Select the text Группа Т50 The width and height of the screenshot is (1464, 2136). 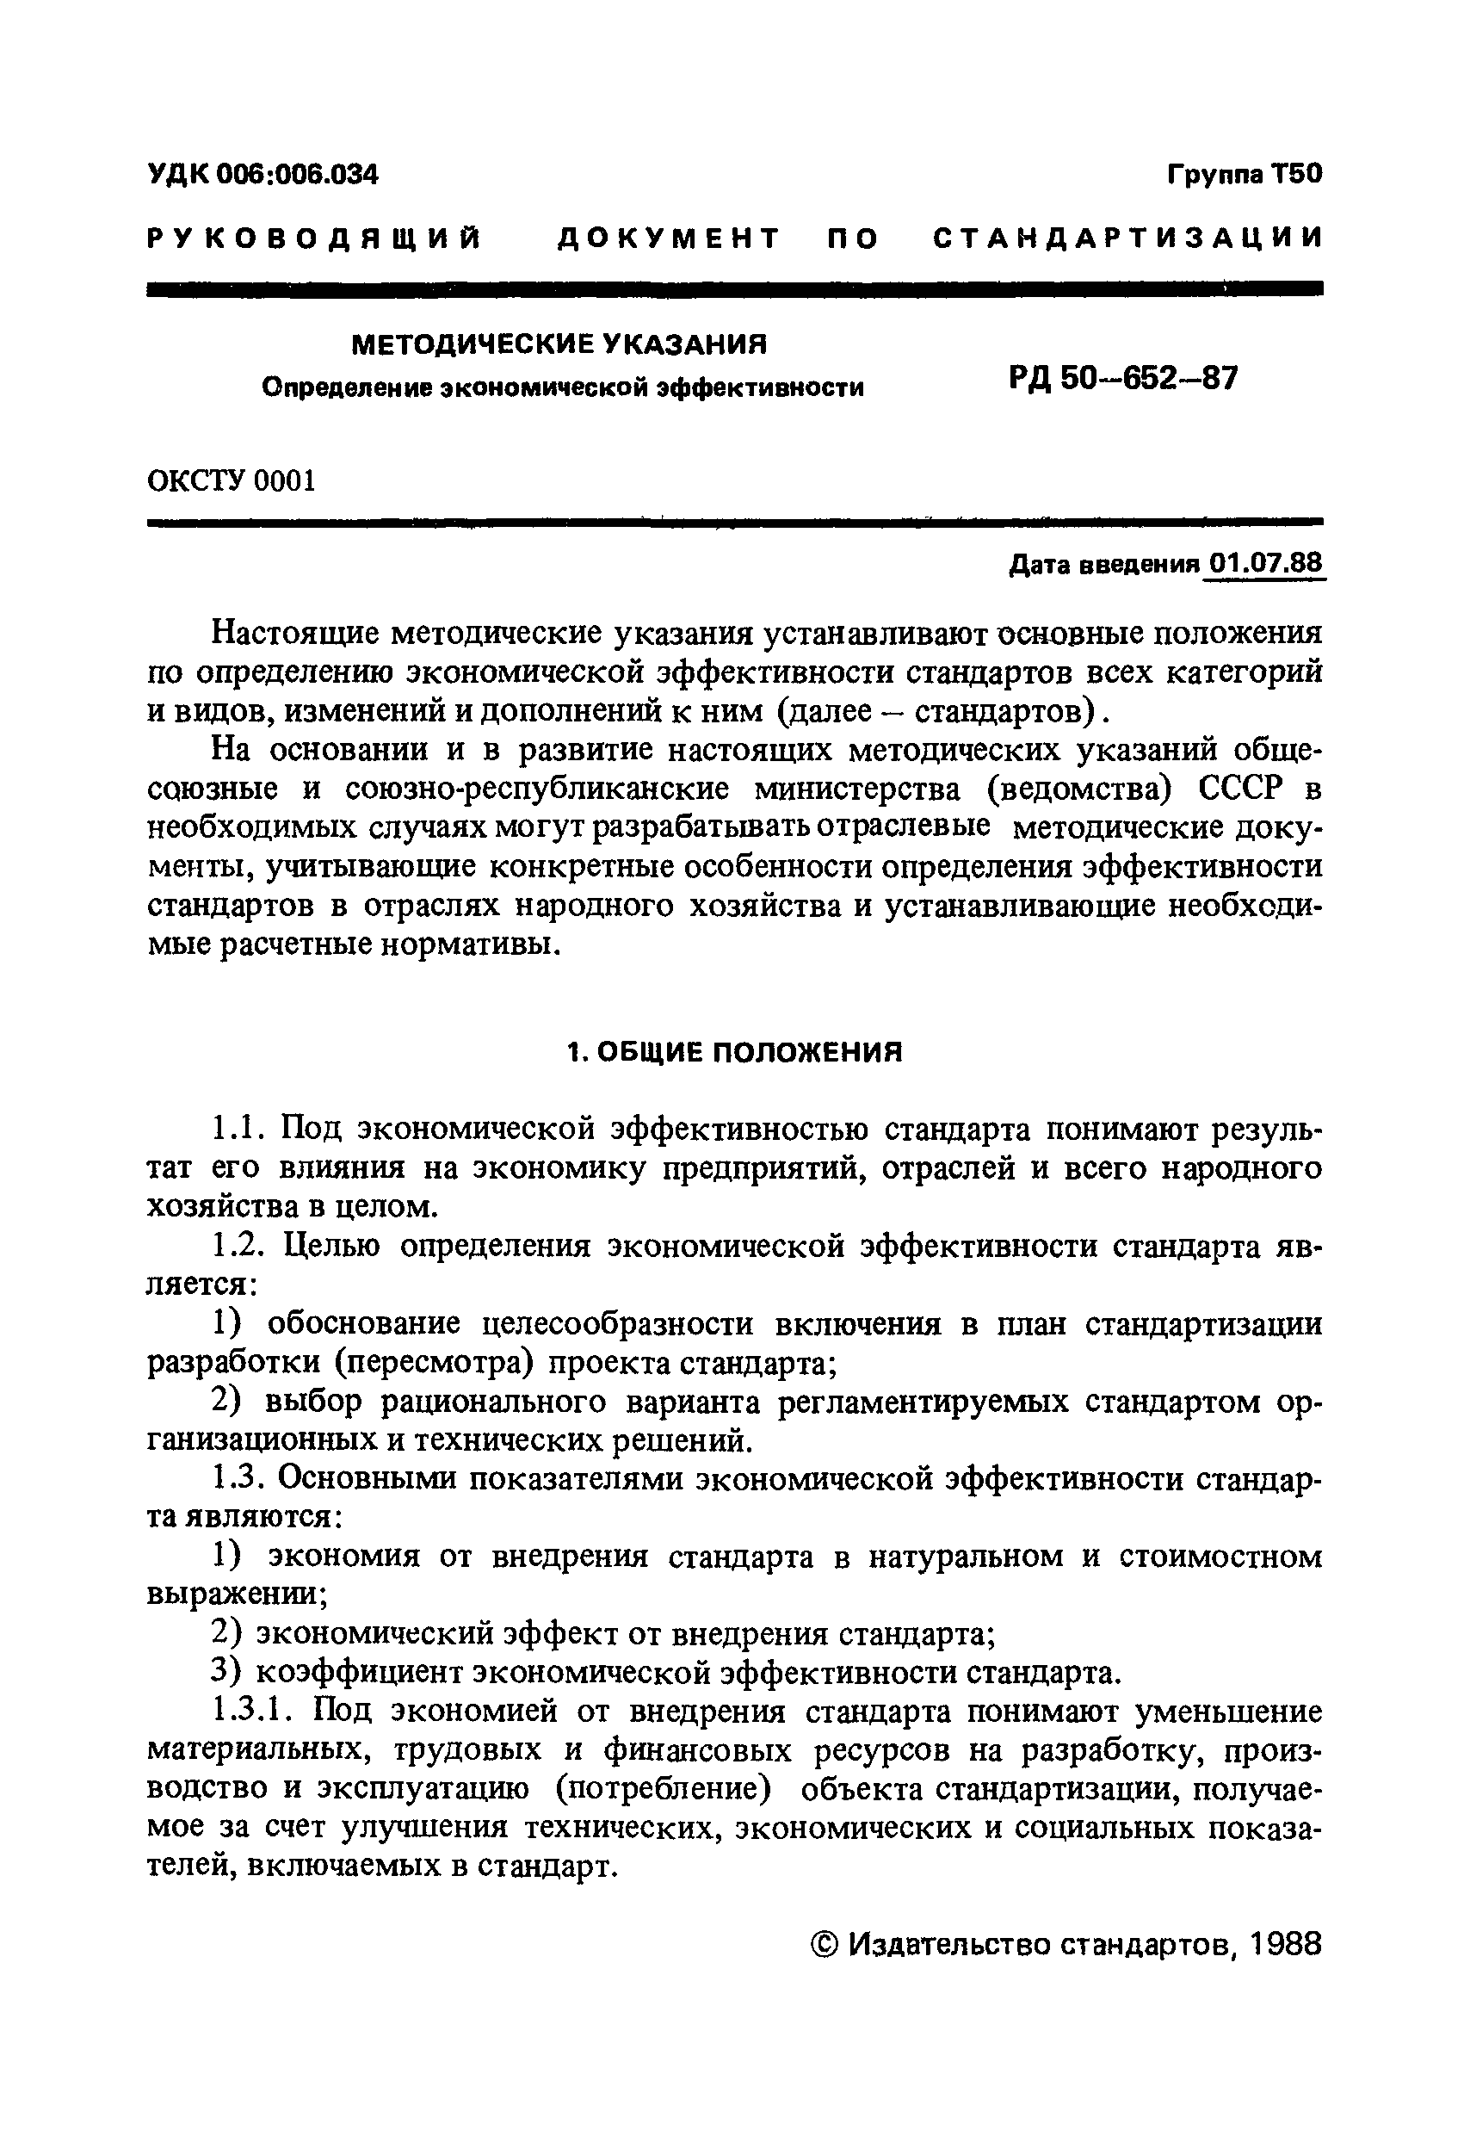(x=1245, y=173)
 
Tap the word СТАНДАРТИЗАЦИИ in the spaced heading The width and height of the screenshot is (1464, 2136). (x=1127, y=239)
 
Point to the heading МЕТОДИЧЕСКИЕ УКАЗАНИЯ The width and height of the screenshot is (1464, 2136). (x=559, y=344)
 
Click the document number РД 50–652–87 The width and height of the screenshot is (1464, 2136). (x=1123, y=378)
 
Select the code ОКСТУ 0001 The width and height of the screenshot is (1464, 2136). (x=231, y=480)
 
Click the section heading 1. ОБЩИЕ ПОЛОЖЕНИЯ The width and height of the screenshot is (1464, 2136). (x=734, y=1052)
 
